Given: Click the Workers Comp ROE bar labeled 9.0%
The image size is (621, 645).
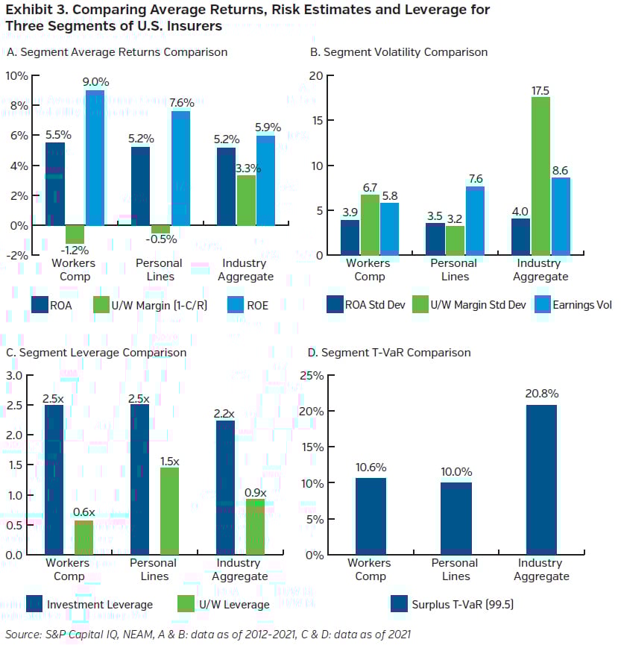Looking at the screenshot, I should coord(95,157).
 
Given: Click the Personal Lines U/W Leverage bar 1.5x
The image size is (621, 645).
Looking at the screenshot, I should coord(169,511).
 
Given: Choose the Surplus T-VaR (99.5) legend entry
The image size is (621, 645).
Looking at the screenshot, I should coord(454,605).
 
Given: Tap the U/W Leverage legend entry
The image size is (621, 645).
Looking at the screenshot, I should coord(224,605).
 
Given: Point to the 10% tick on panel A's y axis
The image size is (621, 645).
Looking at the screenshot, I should coord(16,76).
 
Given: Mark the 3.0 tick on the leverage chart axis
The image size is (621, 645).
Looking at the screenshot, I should coord(15,375).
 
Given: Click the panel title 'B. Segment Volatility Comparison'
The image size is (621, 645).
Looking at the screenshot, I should coord(398,52).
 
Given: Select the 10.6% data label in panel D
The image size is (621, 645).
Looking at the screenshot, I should coord(371,468).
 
